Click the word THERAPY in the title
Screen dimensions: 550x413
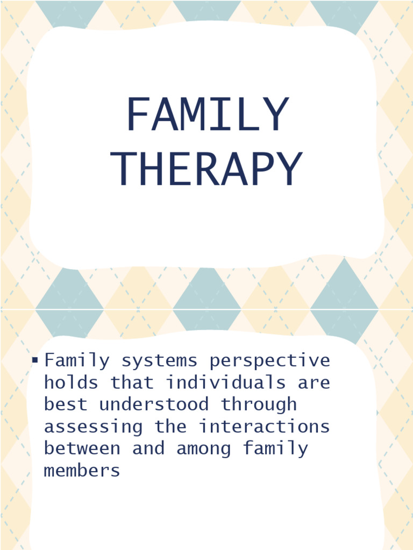tap(207, 169)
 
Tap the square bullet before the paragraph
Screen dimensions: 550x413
tap(35, 359)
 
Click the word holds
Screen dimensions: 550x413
tap(72, 382)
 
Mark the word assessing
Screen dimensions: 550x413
tap(94, 426)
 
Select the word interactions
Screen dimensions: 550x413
tap(264, 426)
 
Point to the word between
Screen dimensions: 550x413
tap(82, 448)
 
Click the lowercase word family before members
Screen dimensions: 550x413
tap(275, 449)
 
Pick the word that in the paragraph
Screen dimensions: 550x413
tap(132, 382)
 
